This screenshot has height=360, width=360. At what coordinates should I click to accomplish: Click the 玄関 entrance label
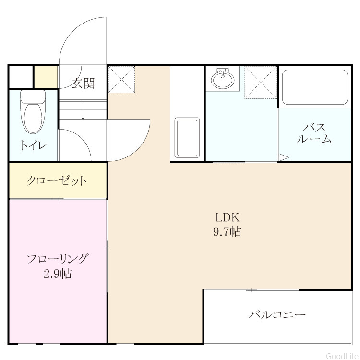pyautogui.click(x=83, y=83)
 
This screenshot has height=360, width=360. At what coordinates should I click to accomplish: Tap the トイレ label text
pyautogui.click(x=34, y=145)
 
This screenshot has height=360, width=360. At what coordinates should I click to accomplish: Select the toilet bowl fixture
pyautogui.click(x=33, y=112)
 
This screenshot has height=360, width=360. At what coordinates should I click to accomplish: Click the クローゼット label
pyautogui.click(x=57, y=180)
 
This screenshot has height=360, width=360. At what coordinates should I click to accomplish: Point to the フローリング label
pyautogui.click(x=58, y=259)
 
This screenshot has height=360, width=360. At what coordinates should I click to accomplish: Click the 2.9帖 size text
pyautogui.click(x=58, y=274)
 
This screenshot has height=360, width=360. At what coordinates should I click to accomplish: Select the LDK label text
pyautogui.click(x=228, y=217)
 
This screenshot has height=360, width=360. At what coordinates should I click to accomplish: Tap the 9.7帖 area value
pyautogui.click(x=228, y=231)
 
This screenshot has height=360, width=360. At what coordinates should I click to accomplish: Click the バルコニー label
pyautogui.click(x=277, y=314)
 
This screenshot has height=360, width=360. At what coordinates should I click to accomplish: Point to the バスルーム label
pyautogui.click(x=314, y=133)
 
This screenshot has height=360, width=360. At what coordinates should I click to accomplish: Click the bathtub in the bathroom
pyautogui.click(x=315, y=87)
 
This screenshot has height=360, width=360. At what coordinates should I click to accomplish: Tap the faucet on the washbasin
pyautogui.click(x=223, y=72)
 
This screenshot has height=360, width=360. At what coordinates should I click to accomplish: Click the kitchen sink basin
pyautogui.click(x=187, y=138)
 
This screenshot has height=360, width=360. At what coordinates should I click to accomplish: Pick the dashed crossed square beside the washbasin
pyautogui.click(x=261, y=83)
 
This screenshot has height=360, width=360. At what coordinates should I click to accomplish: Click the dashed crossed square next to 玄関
pyautogui.click(x=122, y=80)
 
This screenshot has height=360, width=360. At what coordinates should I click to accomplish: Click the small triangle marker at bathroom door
pyautogui.click(x=284, y=158)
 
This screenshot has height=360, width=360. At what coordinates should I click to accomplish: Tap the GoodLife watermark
pyautogui.click(x=342, y=356)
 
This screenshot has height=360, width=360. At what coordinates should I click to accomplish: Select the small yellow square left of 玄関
pyautogui.click(x=46, y=77)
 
